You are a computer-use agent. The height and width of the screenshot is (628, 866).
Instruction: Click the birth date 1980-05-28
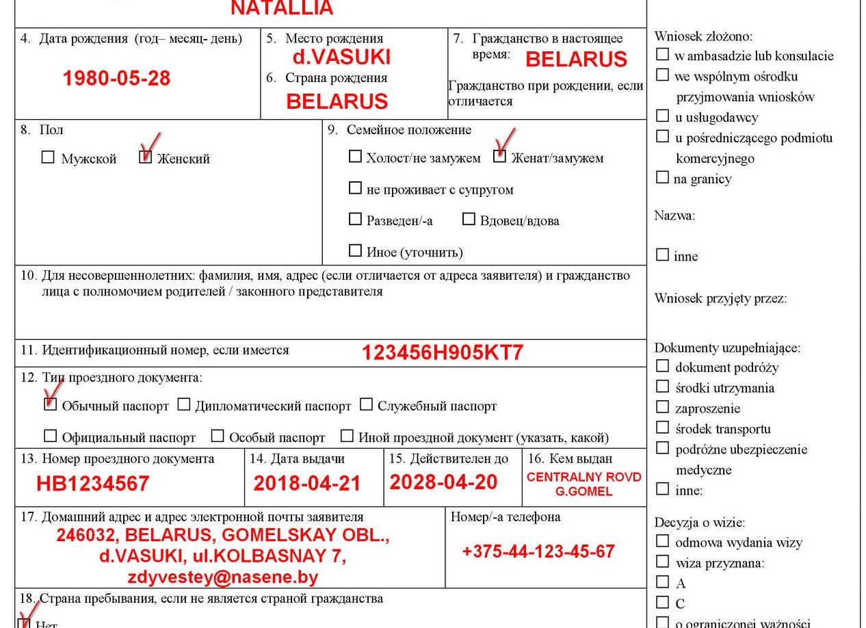click(x=116, y=78)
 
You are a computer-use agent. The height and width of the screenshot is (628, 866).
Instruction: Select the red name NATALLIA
click(x=282, y=8)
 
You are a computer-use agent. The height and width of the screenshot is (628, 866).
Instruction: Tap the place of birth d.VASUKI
click(x=341, y=56)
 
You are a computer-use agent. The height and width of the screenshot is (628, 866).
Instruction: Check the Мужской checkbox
click(x=48, y=157)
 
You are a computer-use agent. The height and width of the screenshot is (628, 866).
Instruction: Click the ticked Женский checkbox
click(x=145, y=157)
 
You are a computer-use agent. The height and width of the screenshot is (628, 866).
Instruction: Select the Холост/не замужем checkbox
click(x=355, y=157)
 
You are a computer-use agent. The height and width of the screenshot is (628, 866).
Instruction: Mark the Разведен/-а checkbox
click(x=355, y=219)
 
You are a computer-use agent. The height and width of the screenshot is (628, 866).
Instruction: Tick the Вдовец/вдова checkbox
click(x=469, y=219)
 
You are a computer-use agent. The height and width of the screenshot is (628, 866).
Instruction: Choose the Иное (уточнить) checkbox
click(x=355, y=250)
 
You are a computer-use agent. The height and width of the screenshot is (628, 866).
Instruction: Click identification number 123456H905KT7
click(x=442, y=352)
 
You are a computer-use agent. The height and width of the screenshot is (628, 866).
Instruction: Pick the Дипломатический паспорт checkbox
click(x=184, y=404)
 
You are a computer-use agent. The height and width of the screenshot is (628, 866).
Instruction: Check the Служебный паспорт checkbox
click(x=367, y=404)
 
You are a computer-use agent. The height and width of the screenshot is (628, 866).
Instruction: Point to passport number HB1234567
click(x=92, y=484)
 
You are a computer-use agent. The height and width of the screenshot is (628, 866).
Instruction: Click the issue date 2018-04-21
click(x=306, y=483)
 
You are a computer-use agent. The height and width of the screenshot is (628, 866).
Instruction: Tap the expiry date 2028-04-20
click(x=443, y=482)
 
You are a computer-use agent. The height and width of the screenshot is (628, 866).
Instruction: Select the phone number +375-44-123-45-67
click(x=538, y=551)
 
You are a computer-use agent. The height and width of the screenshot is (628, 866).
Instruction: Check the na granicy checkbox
click(x=662, y=177)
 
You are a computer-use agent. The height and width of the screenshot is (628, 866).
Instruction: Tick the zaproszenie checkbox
click(x=662, y=407)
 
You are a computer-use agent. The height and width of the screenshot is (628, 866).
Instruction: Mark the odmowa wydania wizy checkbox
click(x=662, y=541)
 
